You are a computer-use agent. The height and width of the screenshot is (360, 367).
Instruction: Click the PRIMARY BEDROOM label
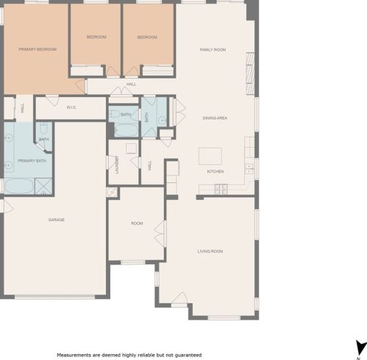[38, 49]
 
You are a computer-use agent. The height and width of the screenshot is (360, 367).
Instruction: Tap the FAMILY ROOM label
[213, 50]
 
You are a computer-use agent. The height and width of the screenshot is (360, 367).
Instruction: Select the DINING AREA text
[215, 118]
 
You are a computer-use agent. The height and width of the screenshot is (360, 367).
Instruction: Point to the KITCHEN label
[215, 171]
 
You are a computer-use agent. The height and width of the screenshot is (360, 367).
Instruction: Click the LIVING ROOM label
[210, 251]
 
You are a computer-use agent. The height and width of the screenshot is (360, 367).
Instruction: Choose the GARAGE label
[57, 220]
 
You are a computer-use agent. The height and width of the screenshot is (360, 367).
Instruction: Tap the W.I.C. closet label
[71, 107]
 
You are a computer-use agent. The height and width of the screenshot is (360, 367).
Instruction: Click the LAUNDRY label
[117, 165]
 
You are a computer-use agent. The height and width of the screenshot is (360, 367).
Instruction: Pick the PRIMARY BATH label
[32, 161]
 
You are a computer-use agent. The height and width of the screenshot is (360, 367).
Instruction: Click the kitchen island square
[210, 156]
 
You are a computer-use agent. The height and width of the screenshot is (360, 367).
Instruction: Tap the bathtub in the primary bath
[19, 186]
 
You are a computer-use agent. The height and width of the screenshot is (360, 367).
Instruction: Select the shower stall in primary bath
[43, 186]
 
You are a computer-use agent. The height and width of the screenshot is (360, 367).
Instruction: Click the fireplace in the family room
[250, 73]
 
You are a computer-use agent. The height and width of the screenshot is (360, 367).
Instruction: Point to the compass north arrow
[360, 348]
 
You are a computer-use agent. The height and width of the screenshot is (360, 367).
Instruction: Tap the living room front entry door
[179, 298]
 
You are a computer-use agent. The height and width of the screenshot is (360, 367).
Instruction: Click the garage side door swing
[8, 206]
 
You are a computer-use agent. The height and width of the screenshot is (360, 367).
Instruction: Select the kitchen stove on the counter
[221, 189]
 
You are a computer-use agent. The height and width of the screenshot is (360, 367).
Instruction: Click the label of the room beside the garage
[137, 223]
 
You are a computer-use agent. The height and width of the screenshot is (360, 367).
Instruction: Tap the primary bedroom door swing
[80, 86]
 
